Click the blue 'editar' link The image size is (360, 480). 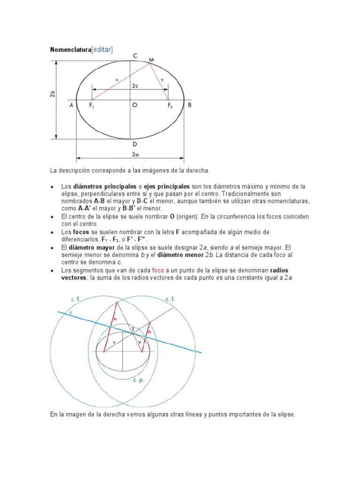click(x=102, y=50)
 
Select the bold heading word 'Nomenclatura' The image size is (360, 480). click(x=70, y=50)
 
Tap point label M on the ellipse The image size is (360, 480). click(x=151, y=60)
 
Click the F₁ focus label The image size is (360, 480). click(x=91, y=106)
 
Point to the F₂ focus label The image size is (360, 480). click(x=170, y=106)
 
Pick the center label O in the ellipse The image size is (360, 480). click(x=135, y=105)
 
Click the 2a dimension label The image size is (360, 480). click(x=135, y=154)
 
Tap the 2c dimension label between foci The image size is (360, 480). click(x=135, y=86)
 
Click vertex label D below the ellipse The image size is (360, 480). click(x=135, y=144)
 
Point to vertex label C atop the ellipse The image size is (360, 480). click(x=135, y=56)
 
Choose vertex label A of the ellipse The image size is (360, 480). click(x=72, y=105)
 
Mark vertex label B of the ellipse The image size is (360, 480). click(x=189, y=105)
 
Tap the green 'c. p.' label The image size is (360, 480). click(x=138, y=380)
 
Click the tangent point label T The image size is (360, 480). click(x=133, y=329)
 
